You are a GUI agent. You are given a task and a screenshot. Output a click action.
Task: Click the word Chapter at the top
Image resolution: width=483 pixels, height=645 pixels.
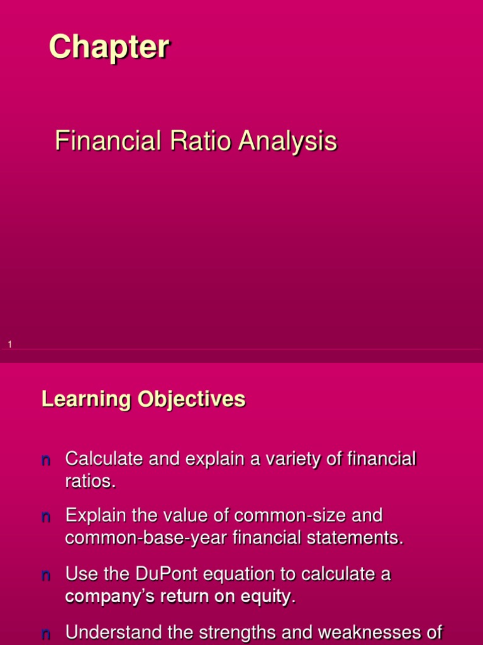tap(109, 47)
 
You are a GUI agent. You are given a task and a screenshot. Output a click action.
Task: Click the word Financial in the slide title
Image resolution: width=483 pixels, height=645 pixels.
tap(108, 140)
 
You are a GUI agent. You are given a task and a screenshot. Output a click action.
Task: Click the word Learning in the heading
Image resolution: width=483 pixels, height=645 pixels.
tap(87, 399)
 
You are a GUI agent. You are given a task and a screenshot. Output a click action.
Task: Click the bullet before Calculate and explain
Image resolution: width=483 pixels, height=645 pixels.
tap(46, 460)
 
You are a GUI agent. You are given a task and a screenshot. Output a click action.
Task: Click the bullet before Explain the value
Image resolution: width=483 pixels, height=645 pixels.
tap(46, 517)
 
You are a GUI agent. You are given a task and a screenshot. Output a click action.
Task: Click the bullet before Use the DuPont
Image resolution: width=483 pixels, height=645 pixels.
tap(46, 575)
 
